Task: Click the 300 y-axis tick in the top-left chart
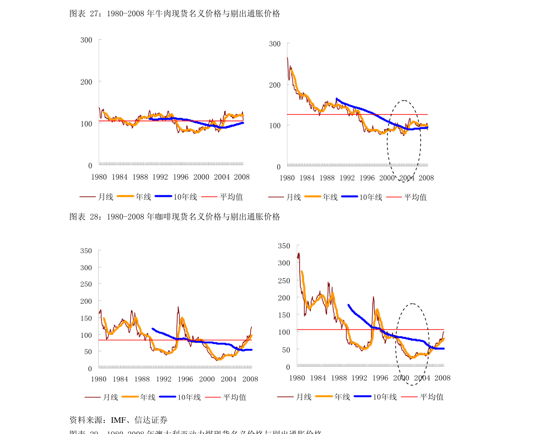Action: coord(86,40)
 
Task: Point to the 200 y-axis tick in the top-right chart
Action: coord(275,85)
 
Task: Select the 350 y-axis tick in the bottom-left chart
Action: coord(86,251)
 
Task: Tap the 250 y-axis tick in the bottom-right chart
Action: coord(284,280)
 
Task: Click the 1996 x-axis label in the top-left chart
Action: coord(180,177)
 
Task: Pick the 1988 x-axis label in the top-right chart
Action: coord(327,178)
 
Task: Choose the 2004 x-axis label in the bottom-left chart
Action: coord(228,379)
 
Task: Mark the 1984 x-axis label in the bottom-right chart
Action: coord(318,378)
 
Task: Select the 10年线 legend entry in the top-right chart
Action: coord(370,197)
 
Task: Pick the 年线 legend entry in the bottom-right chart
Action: coord(342,397)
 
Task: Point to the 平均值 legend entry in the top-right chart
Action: coord(415,197)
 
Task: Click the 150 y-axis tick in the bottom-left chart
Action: coord(86,318)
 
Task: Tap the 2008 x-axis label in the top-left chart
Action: coord(242,177)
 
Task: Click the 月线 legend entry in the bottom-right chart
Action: coord(304,397)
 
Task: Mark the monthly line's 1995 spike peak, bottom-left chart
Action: coord(178,307)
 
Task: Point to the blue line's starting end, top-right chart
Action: coord(336,99)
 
